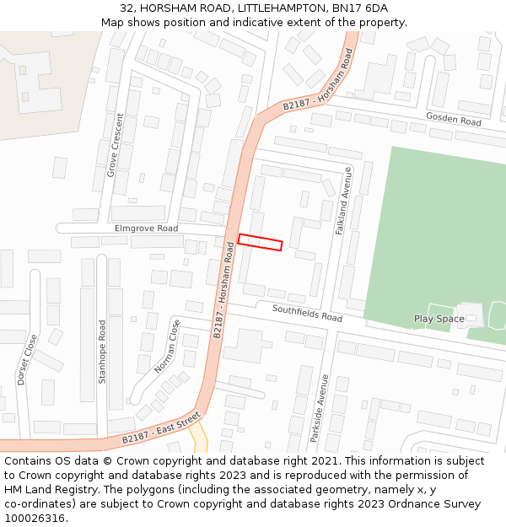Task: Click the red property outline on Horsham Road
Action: click(260, 242)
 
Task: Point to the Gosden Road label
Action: click(454, 119)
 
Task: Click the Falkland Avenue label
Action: click(343, 200)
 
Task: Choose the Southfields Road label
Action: click(307, 313)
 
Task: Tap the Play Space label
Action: click(439, 319)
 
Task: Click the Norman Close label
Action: click(168, 347)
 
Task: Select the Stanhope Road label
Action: click(103, 352)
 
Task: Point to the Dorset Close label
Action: click(27, 360)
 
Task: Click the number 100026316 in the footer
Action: click(36, 519)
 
